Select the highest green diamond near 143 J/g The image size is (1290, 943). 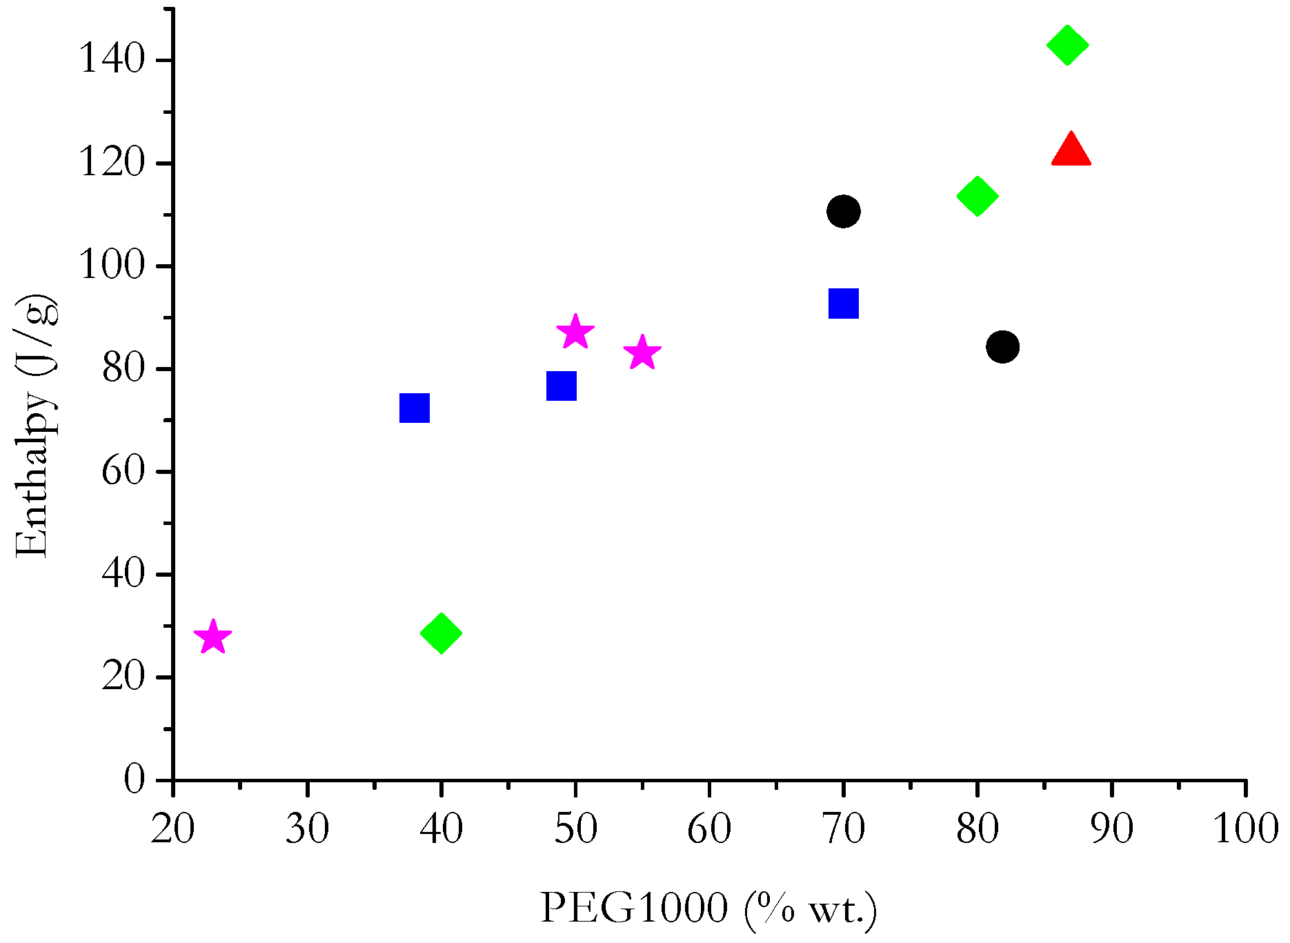click(1067, 45)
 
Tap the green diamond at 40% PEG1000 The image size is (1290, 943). click(441, 633)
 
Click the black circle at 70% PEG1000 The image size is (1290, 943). click(843, 211)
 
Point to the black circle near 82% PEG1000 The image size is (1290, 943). click(1002, 346)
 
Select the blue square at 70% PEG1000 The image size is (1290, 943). click(843, 304)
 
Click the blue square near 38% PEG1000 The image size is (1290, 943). click(415, 408)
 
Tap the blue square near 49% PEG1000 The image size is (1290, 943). click(562, 386)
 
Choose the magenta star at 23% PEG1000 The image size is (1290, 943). click(212, 637)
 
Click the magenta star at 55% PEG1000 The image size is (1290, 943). click(642, 353)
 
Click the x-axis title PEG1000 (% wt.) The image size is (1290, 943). click(708, 909)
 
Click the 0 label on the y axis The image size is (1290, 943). click(135, 780)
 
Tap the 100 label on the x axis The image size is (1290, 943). click(1246, 829)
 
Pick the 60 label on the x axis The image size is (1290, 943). click(709, 829)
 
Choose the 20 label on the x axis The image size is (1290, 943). click(173, 829)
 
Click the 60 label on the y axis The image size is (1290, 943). click(123, 472)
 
